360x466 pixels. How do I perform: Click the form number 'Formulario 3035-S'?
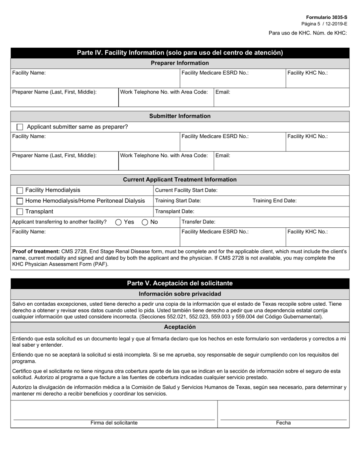point(326,17)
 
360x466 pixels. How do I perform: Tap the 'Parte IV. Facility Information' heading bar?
point(180,53)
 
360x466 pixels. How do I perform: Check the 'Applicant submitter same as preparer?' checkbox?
point(20,127)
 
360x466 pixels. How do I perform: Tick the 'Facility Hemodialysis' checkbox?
point(20,190)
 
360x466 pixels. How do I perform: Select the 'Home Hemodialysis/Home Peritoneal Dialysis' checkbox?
point(20,201)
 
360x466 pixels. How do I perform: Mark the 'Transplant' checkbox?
point(20,211)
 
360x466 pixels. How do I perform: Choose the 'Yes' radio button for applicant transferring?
point(118,222)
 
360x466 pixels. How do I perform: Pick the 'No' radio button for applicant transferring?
point(145,222)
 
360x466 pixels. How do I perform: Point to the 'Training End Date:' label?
point(274,201)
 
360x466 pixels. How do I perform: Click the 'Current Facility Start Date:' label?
point(186,190)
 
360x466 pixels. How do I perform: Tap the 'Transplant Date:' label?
point(175,211)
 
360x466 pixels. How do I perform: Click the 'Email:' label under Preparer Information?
point(223,92)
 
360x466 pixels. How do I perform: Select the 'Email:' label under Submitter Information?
point(223,155)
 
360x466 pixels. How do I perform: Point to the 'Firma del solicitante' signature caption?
point(114,423)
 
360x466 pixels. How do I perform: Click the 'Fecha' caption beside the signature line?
point(283,423)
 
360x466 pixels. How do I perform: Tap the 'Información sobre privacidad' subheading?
point(180,294)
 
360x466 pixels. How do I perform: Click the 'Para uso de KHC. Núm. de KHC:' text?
point(308,33)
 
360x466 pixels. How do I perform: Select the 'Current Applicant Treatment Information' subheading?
point(180,180)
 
